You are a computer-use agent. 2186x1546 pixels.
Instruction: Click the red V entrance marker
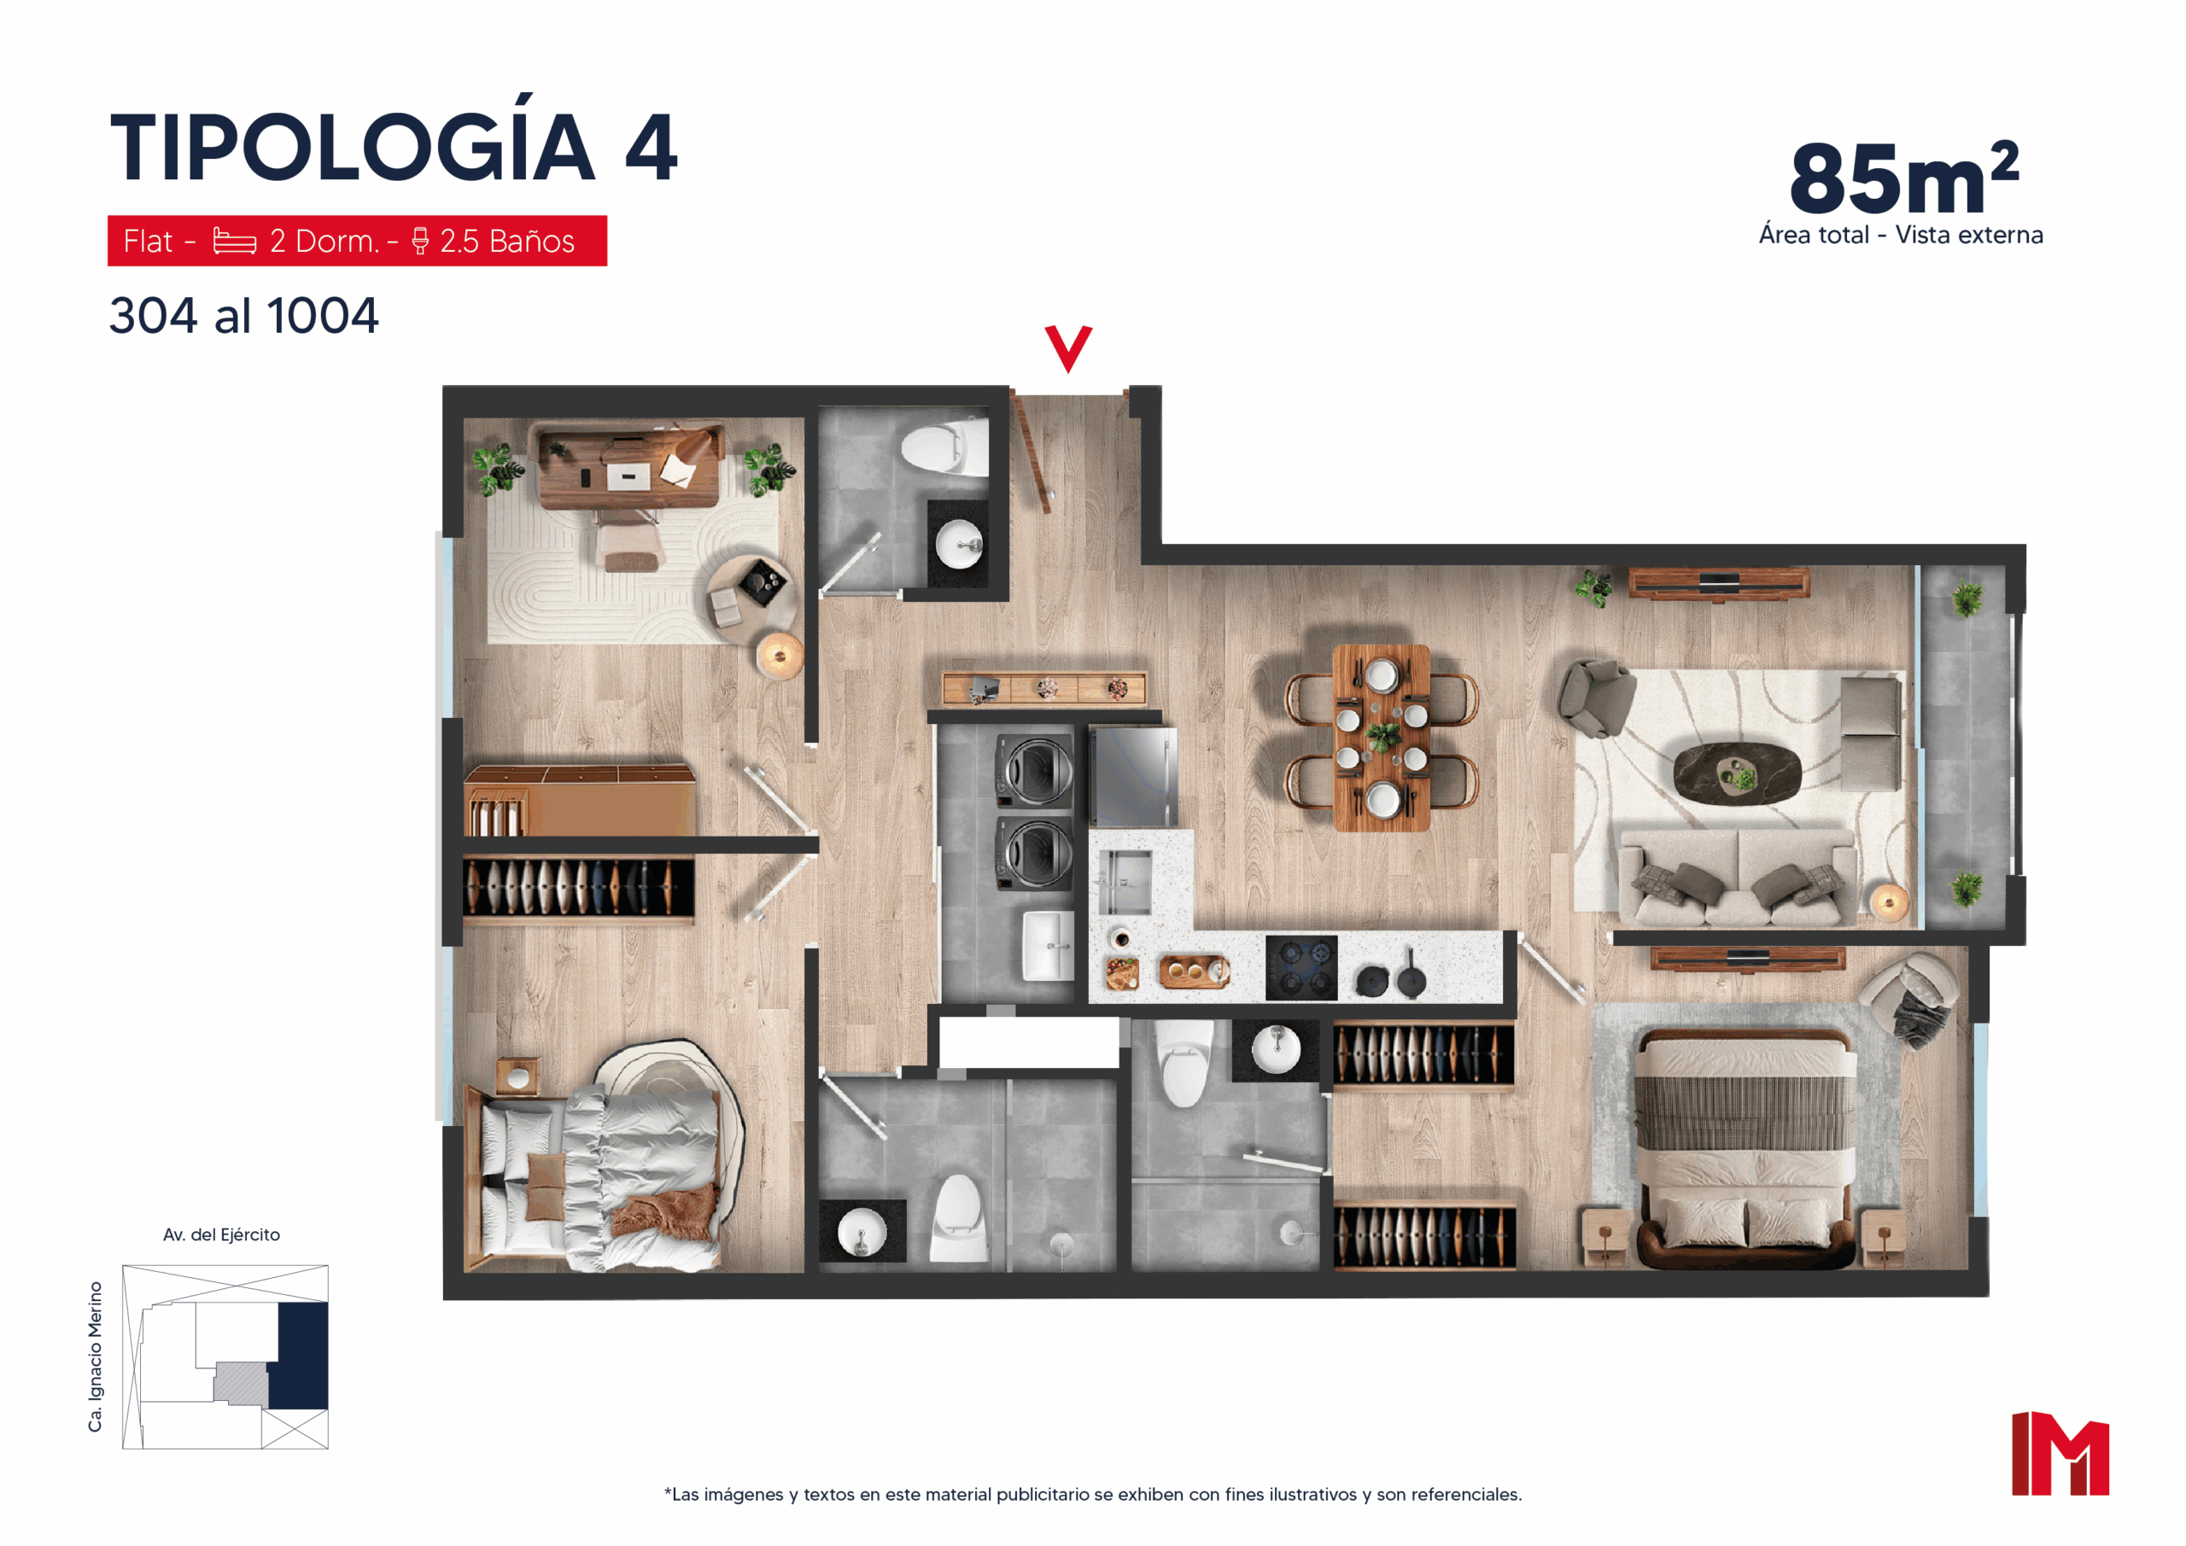[x=1067, y=348]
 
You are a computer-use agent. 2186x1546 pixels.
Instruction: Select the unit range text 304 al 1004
[x=243, y=316]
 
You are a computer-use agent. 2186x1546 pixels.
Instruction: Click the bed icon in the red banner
[x=234, y=241]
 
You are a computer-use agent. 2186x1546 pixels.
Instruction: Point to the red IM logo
[x=2060, y=1453]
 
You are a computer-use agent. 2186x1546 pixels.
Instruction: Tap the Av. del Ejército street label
[x=222, y=1234]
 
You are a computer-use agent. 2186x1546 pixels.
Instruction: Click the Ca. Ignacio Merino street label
[x=95, y=1356]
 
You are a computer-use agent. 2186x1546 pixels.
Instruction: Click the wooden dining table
[x=1381, y=737]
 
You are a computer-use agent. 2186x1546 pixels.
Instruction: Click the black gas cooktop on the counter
[x=1301, y=967]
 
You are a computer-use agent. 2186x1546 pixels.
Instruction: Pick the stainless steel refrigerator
[x=1133, y=776]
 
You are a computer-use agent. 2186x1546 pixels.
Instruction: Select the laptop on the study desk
[x=628, y=476]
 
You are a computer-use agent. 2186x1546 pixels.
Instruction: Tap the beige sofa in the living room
[x=1738, y=878]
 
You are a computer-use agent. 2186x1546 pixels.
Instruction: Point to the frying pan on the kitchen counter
[x=1410, y=973]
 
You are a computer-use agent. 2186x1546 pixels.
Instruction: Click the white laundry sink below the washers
[x=1049, y=945]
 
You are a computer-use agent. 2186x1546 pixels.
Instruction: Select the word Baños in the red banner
[x=531, y=241]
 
